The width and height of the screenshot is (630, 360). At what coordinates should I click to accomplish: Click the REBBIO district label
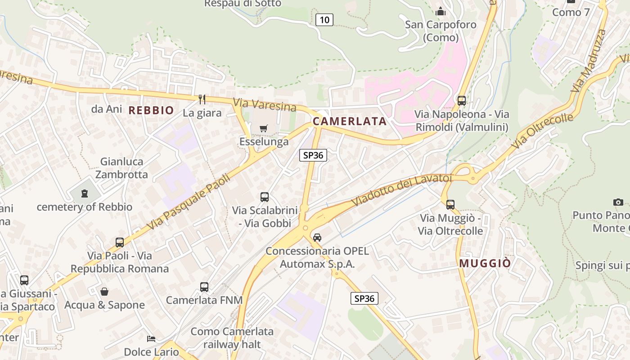(151, 110)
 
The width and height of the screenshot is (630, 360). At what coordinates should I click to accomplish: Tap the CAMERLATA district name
(350, 121)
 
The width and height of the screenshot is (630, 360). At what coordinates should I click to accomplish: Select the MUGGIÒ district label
(485, 263)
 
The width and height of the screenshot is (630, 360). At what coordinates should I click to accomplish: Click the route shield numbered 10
(324, 19)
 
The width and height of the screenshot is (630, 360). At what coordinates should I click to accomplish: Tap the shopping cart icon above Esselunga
(264, 129)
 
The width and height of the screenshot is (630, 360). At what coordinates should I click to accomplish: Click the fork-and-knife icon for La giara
(202, 99)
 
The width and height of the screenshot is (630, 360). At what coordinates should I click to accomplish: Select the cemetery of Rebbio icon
(84, 194)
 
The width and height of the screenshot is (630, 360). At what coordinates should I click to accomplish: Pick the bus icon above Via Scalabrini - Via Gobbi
(265, 197)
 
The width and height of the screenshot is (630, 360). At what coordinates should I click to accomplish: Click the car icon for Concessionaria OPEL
(317, 237)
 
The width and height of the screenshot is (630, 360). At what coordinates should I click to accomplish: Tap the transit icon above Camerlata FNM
(204, 287)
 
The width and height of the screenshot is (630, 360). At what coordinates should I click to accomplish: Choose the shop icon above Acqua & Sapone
(104, 292)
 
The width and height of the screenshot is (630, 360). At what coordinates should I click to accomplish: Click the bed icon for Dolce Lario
(151, 338)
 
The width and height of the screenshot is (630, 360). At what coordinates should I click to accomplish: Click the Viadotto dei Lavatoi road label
(401, 190)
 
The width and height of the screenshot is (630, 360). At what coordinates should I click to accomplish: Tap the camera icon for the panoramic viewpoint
(618, 202)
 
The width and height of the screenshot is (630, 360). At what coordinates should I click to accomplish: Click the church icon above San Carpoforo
(440, 11)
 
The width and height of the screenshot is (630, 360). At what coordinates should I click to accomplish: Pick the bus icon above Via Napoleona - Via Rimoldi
(461, 100)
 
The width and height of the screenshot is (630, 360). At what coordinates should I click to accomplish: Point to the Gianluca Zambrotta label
(121, 168)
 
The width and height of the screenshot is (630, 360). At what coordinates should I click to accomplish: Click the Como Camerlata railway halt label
(232, 338)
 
